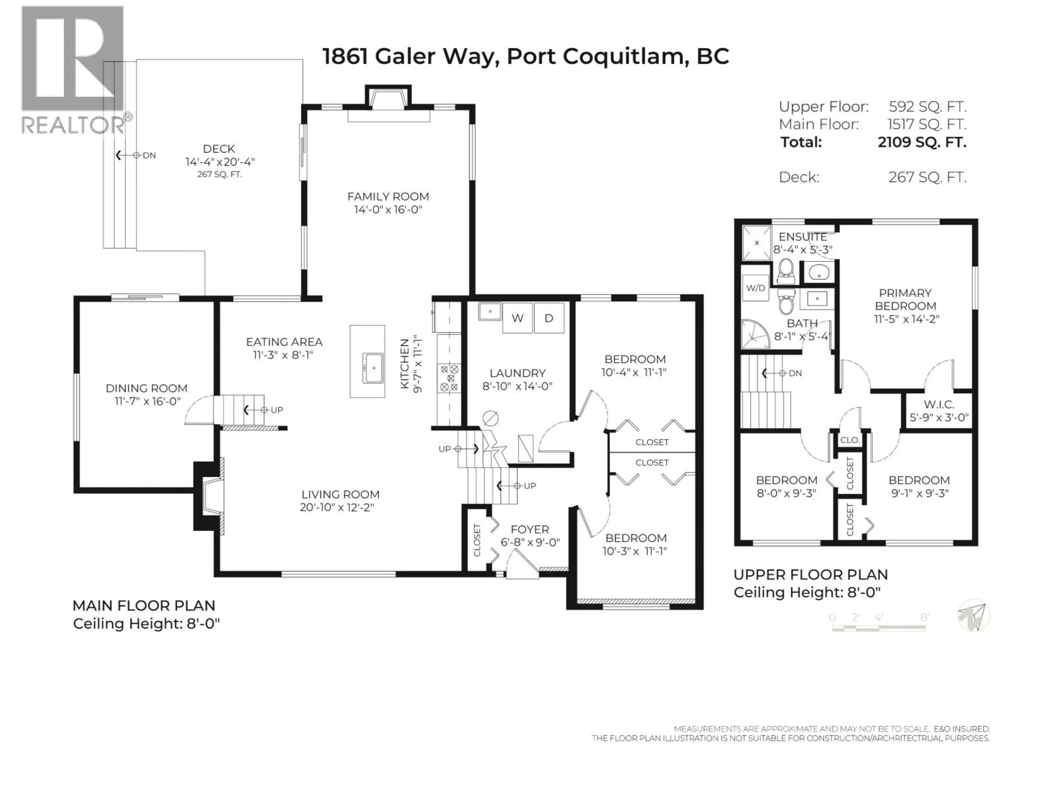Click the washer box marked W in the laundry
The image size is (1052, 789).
tap(518, 318)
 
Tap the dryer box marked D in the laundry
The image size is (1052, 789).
tap(549, 318)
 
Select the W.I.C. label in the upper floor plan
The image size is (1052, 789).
tap(939, 405)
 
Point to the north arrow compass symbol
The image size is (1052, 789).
tap(973, 615)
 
